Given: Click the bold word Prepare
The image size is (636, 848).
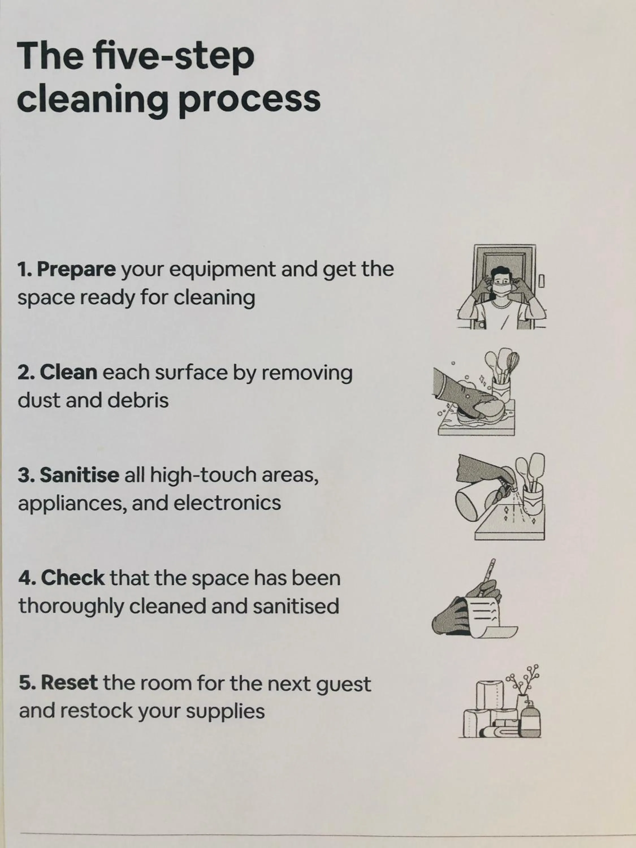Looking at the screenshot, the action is (76, 269).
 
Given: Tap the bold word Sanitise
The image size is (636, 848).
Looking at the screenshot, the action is (80, 475).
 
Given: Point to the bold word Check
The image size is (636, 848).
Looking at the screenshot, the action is (73, 578).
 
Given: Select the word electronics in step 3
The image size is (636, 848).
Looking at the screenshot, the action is (227, 503).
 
